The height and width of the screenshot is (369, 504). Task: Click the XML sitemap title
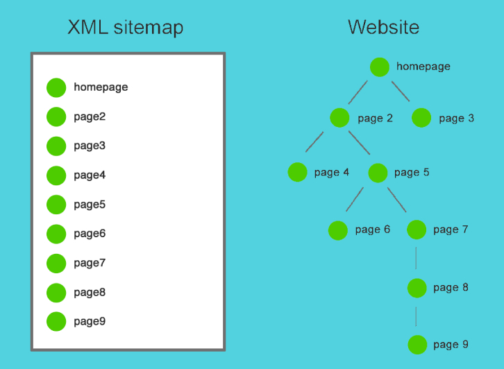click(x=126, y=27)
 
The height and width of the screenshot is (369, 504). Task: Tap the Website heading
click(x=383, y=27)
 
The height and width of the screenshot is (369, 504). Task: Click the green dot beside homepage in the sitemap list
click(x=56, y=87)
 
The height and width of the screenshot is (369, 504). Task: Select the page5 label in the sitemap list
click(x=90, y=205)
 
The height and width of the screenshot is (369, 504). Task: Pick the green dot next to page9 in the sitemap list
click(x=56, y=321)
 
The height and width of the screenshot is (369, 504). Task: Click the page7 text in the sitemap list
click(x=90, y=263)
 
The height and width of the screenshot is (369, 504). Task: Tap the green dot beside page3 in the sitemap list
click(x=56, y=146)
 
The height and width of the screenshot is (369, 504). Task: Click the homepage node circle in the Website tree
click(x=380, y=67)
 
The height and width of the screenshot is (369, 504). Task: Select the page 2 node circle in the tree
click(x=339, y=118)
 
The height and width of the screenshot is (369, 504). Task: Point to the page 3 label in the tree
click(x=456, y=119)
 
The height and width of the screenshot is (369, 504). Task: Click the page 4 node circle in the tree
click(x=298, y=172)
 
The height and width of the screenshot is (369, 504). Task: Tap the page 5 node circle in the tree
click(x=378, y=173)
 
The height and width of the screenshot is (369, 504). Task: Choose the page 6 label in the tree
click(x=373, y=230)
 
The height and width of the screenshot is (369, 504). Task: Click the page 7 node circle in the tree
click(x=417, y=230)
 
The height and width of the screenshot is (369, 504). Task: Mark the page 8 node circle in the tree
click(x=417, y=288)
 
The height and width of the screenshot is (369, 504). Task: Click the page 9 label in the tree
click(x=451, y=345)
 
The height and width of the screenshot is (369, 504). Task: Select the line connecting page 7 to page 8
click(x=416, y=258)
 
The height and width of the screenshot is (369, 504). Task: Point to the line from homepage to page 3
click(x=401, y=91)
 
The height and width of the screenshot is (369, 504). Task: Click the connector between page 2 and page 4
click(x=314, y=142)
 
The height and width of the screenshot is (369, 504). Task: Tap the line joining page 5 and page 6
click(x=355, y=200)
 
